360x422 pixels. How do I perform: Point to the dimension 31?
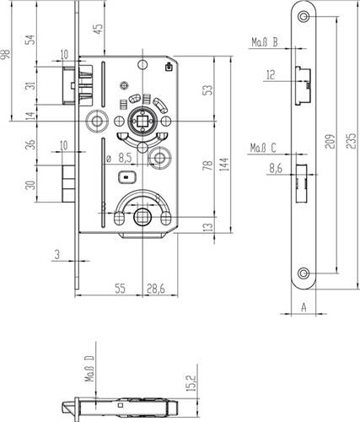pyautogui.click(x=30, y=87)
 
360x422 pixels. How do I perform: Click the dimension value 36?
pyautogui.click(x=30, y=144)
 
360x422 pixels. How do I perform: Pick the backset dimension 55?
pyautogui.click(x=120, y=289)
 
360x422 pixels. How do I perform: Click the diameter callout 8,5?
pyautogui.click(x=121, y=157)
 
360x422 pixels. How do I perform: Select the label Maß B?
pyautogui.click(x=264, y=40)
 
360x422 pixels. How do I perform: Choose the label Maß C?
pyautogui.click(x=262, y=149)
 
